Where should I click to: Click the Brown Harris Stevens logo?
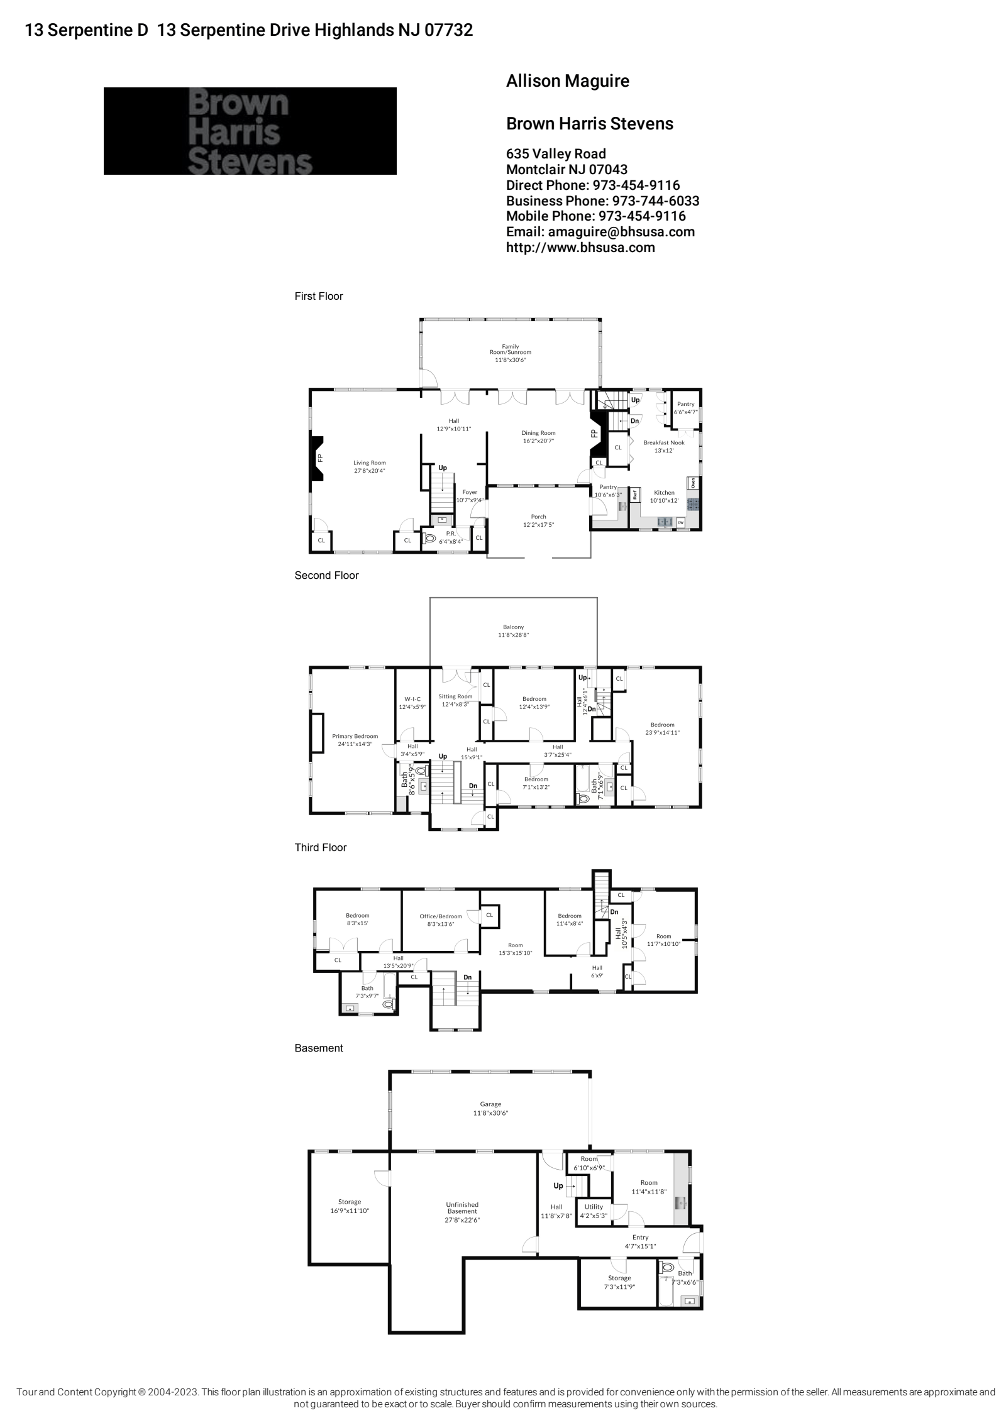250,131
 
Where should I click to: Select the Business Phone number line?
602,201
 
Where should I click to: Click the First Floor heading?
319,296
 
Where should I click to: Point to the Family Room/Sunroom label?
510,353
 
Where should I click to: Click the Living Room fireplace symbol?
316,458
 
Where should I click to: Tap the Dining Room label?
538,436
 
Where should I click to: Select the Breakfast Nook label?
663,446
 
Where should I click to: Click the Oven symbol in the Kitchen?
693,483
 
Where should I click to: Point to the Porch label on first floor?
538,520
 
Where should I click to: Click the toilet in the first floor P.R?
431,538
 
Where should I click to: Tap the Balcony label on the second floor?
513,630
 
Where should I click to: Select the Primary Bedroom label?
355,740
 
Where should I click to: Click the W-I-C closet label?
412,702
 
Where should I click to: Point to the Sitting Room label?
455,700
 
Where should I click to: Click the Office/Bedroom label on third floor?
440,920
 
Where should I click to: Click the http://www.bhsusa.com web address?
580,247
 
